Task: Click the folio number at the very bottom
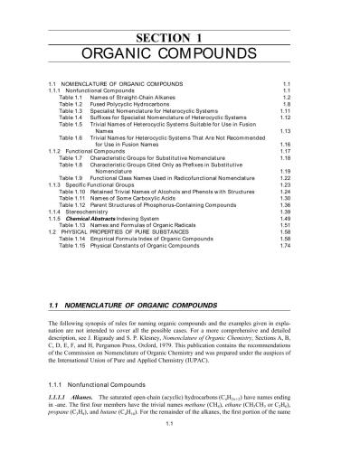pos(181,447)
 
